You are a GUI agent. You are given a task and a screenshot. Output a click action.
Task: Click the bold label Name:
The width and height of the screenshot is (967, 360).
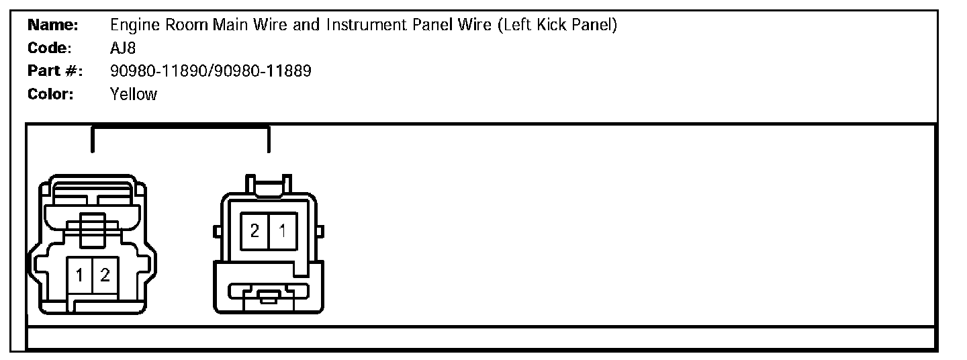pos(53,26)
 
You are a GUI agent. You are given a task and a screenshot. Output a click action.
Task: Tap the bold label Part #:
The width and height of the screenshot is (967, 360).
pos(54,71)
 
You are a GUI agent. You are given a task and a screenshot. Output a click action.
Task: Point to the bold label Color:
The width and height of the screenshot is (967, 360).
pos(50,94)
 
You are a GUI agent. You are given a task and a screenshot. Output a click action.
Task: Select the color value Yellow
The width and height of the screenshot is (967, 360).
pos(133,94)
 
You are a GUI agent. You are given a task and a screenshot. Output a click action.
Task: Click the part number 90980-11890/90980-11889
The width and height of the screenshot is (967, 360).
pos(210,71)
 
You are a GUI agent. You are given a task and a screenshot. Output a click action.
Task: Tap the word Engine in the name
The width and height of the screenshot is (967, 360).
pos(132,26)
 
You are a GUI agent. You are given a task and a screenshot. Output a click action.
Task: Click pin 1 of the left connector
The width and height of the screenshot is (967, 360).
pos(80,275)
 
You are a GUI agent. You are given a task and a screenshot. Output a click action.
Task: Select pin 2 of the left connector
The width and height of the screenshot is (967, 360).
pos(105,275)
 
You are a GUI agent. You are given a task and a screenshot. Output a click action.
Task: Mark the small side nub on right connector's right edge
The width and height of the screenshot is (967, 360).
pos(320,232)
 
